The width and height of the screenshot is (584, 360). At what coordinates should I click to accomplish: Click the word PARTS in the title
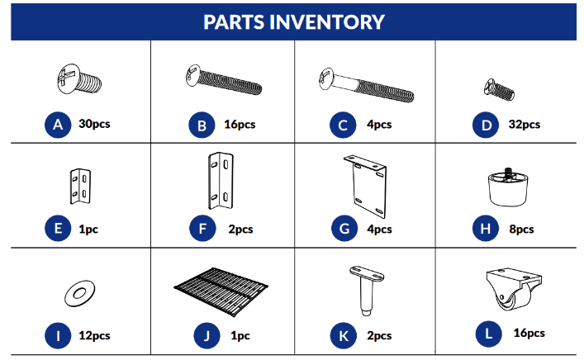[234, 22]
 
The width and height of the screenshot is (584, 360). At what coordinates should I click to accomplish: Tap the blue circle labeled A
[58, 125]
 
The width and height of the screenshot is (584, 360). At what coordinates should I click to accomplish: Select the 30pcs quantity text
[94, 124]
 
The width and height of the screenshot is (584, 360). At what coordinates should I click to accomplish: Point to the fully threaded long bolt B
[224, 79]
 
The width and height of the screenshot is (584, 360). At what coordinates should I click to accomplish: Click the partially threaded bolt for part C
[366, 85]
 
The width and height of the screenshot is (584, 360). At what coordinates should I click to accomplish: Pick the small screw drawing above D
[499, 89]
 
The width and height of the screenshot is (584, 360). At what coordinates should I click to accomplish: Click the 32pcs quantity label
[525, 125]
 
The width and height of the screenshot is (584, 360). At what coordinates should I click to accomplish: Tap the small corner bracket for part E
[80, 186]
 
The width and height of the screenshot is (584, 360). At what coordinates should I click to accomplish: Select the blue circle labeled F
[202, 228]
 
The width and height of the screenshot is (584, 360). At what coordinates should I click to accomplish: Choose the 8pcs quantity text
[521, 230]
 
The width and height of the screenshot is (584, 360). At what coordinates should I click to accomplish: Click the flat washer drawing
[79, 293]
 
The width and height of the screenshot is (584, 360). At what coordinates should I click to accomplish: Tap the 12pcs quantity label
[94, 336]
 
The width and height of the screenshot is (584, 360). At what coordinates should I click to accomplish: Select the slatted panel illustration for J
[221, 291]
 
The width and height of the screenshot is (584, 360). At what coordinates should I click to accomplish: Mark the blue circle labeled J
[207, 335]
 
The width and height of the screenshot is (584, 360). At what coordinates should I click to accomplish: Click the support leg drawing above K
[367, 291]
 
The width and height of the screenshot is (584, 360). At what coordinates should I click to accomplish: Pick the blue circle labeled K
[344, 335]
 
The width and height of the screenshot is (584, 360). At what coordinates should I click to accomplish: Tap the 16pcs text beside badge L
[529, 334]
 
